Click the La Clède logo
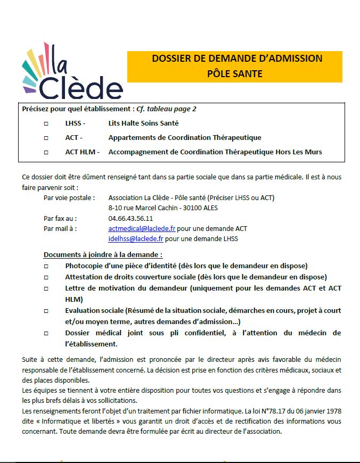pos(72,72)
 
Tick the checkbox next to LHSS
pos(46,123)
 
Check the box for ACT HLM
pos(46,152)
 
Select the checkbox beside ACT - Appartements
pos(46,138)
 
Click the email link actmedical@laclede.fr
pos(142,229)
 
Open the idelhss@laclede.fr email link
pos(136,239)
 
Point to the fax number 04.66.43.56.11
pos(130,218)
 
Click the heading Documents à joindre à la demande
pos(103,254)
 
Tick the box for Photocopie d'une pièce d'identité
pos(46,266)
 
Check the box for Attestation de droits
pos(46,277)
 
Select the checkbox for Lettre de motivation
pos(46,288)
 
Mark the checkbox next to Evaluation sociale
pos(46,311)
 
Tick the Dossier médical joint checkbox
pos(46,333)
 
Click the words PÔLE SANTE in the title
pos(235,74)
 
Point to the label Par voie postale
pos(69,197)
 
